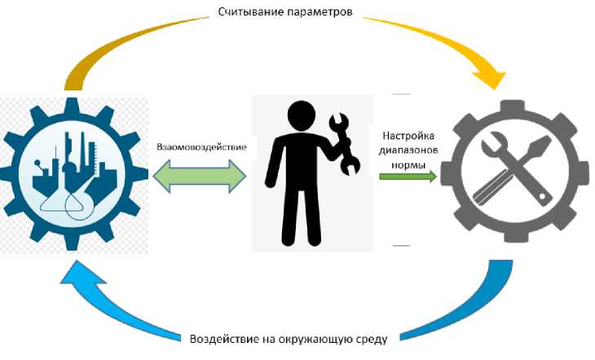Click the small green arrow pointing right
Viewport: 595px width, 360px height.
click(x=408, y=175)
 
